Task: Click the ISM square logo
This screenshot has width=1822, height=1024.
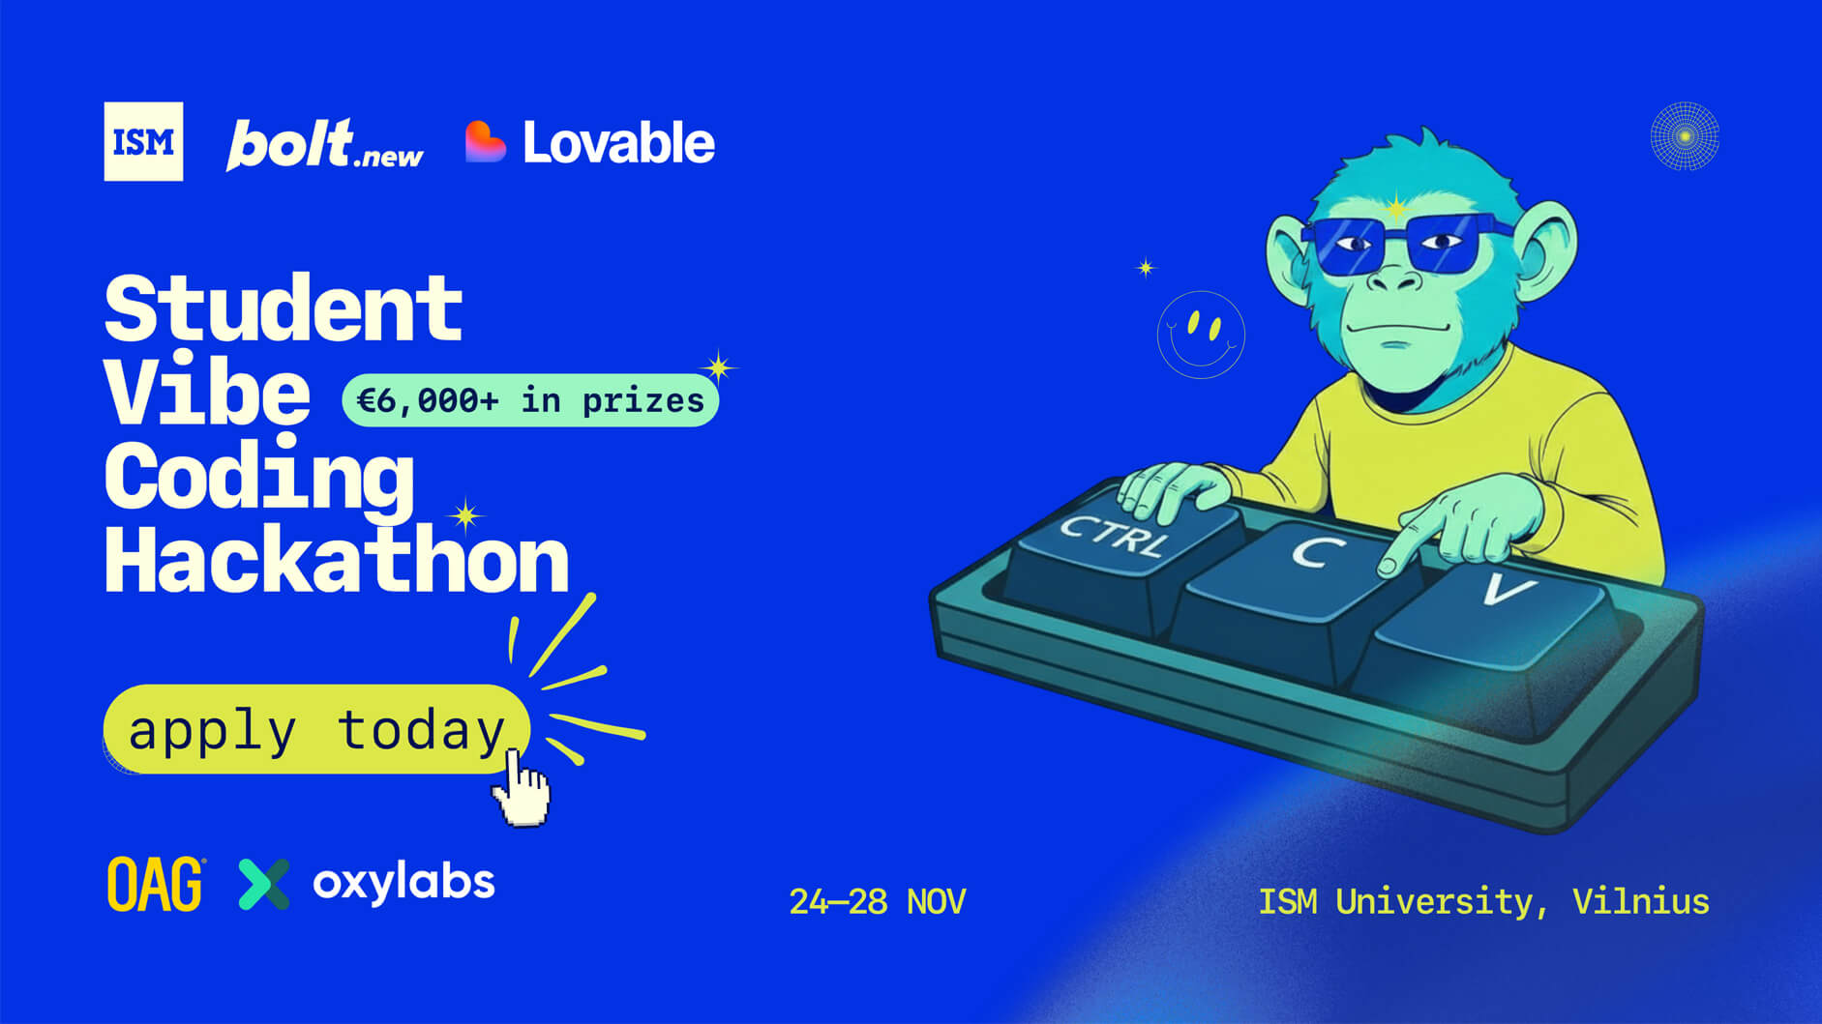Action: point(143,141)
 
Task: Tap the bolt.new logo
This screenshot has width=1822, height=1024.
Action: point(324,145)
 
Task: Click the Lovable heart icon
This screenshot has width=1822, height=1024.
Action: point(485,142)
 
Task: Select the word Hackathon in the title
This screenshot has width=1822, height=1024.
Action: point(337,561)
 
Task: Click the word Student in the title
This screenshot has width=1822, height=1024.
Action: point(284,309)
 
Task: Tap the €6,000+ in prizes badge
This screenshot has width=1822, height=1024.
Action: point(530,400)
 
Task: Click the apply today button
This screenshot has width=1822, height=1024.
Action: point(316,729)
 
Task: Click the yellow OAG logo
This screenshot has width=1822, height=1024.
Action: point(155,884)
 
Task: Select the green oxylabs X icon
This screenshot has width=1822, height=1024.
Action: point(264,884)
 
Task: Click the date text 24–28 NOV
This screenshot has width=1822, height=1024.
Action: point(877,901)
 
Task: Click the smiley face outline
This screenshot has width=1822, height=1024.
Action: point(1201,335)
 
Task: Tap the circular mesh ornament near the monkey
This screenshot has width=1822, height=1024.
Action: point(1685,136)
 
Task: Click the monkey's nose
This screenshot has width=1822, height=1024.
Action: point(1394,281)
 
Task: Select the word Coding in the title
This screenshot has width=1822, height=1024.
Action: point(259,477)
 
